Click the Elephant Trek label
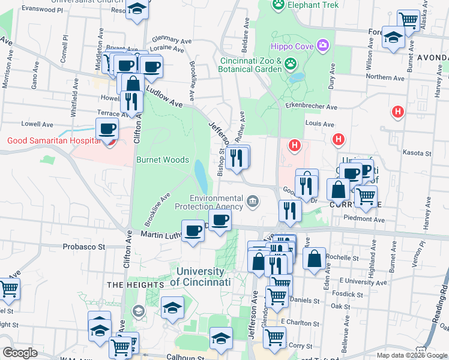pyautogui.click(x=313, y=5)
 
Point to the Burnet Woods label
pyautogui.click(x=163, y=160)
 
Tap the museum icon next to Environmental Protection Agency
pyautogui.click(x=253, y=201)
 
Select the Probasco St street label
pyautogui.click(x=84, y=247)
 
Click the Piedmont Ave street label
pyautogui.click(x=364, y=220)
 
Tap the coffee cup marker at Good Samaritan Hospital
pyautogui.click(x=107, y=129)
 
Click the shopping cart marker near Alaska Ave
pyautogui.click(x=408, y=20)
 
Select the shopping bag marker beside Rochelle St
pyautogui.click(x=315, y=259)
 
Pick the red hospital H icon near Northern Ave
pyautogui.click(x=396, y=112)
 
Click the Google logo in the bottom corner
pyautogui.click(x=20, y=353)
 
